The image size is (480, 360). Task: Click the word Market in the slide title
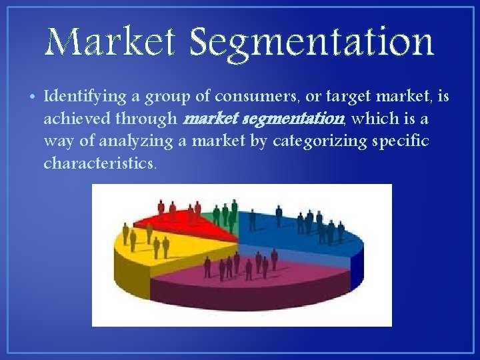click(111, 41)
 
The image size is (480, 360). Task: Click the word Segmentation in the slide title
click(311, 43)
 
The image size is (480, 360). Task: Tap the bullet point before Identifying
click(33, 97)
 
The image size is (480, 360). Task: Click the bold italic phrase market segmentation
click(263, 119)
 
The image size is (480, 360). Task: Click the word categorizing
click(310, 141)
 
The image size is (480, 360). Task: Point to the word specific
click(401, 141)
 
